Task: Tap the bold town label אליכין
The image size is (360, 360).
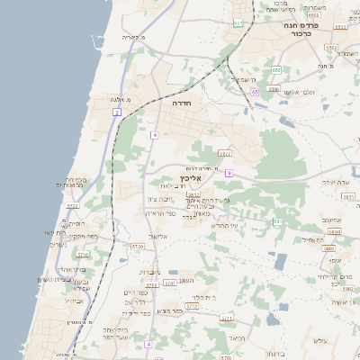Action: click(x=202, y=178)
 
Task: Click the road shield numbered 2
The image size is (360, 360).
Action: click(x=117, y=112)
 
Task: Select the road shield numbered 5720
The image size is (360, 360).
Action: click(x=137, y=245)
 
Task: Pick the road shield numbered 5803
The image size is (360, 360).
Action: click(x=335, y=231)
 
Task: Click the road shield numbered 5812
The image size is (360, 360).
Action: click(x=193, y=193)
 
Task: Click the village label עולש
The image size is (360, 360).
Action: click(x=320, y=340)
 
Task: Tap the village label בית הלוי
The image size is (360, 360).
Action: click(x=206, y=297)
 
